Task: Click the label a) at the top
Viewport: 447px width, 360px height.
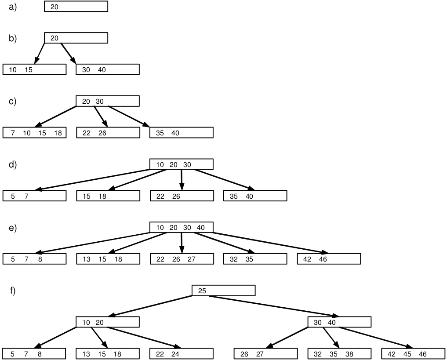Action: pos(12,7)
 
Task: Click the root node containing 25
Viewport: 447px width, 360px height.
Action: pos(223,291)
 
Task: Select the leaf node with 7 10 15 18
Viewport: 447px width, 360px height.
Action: pos(34,133)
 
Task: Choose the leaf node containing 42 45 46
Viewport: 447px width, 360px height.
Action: pos(413,354)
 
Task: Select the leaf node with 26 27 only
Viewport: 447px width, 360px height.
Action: pos(265,354)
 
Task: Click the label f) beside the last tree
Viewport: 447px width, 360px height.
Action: pos(12,291)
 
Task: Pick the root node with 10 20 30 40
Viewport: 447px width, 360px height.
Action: pos(181,227)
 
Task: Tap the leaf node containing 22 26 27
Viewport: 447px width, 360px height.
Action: pos(181,259)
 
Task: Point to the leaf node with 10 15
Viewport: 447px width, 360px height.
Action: pos(34,69)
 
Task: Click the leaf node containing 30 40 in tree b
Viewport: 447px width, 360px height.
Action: pos(108,69)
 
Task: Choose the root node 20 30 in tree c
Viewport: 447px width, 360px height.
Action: pos(108,101)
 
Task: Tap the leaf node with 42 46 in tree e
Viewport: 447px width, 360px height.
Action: pos(329,259)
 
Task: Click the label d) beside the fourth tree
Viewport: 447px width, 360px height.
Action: pos(12,164)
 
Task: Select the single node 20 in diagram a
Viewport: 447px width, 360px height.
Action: pos(76,7)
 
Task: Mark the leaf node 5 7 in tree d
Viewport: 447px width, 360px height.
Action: pos(34,196)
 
